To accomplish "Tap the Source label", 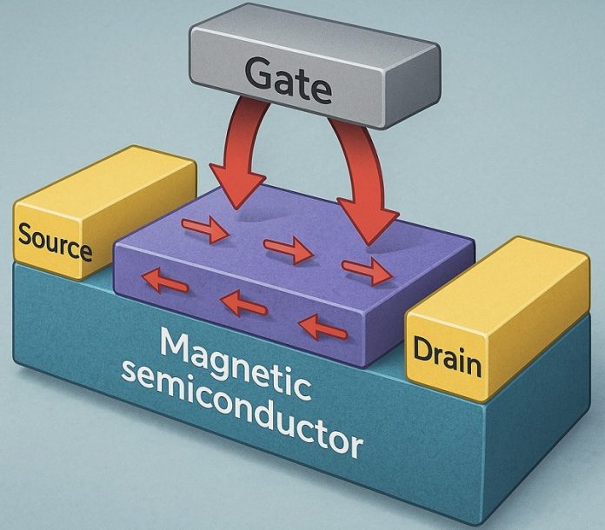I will [55, 241].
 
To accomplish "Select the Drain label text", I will [447, 355].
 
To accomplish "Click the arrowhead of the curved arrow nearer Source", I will [238, 187].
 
